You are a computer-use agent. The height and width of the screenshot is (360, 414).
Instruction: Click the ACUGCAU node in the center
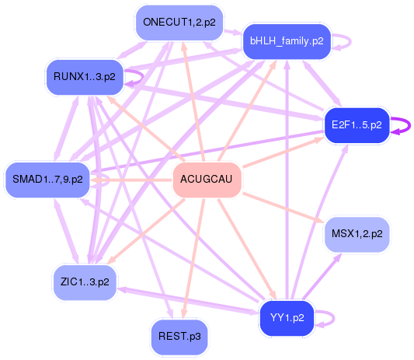pyautogui.click(x=207, y=180)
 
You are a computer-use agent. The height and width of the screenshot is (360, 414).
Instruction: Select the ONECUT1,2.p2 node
pyautogui.click(x=179, y=23)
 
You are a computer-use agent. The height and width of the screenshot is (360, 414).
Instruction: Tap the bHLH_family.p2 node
pyautogui.click(x=287, y=42)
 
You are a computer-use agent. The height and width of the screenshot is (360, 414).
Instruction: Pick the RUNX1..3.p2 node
pyautogui.click(x=85, y=77)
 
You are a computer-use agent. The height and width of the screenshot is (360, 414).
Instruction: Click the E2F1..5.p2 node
pyautogui.click(x=357, y=125)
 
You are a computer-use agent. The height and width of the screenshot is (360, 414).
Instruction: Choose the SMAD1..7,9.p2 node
pyautogui.click(x=47, y=180)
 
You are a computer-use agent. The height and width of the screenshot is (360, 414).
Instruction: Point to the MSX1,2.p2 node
pyautogui.click(x=357, y=235)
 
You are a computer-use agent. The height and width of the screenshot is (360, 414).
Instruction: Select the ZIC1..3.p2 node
pyautogui.click(x=85, y=282)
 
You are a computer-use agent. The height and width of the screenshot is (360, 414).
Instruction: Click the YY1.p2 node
pyautogui.click(x=287, y=318)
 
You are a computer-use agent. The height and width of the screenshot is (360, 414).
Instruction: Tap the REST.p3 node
pyautogui.click(x=179, y=337)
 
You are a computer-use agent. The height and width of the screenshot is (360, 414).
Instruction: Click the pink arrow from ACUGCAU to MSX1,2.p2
pyautogui.click(x=283, y=208)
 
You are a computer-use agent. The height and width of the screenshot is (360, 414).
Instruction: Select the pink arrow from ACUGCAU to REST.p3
pyautogui.click(x=194, y=259)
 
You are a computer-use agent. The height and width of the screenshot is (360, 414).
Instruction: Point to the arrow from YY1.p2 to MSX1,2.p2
pyautogui.click(x=322, y=277)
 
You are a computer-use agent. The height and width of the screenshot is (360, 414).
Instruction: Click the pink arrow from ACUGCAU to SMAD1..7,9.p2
pyautogui.click(x=131, y=180)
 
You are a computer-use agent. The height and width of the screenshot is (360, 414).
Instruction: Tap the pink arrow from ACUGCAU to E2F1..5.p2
pyautogui.click(x=283, y=152)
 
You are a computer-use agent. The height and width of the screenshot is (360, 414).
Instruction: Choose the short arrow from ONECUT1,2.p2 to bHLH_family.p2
pyautogui.click(x=233, y=32)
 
